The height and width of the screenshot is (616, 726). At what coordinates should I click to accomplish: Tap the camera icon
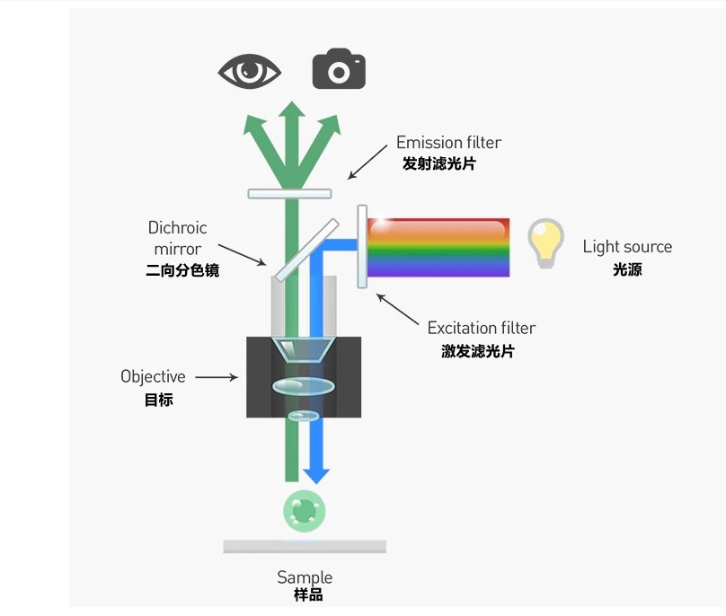tap(339, 70)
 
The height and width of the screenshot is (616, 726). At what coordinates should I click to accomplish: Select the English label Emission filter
tap(448, 143)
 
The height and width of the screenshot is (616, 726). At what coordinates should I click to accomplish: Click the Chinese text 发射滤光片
tap(438, 165)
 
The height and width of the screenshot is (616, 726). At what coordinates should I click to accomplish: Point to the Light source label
tap(626, 246)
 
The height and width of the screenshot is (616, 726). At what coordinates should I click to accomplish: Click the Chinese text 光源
tap(627, 269)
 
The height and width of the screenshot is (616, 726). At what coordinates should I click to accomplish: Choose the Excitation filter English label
tap(482, 328)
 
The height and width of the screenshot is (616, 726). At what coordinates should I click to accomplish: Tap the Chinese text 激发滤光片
tap(477, 351)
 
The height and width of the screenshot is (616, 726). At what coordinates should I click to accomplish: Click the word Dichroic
tap(177, 228)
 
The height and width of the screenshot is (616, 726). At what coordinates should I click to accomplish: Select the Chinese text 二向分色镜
tap(181, 269)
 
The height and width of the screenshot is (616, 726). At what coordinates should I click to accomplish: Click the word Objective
tap(153, 376)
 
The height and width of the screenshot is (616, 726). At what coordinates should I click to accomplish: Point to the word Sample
tap(305, 577)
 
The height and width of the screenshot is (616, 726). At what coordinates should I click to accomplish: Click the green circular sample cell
tap(305, 512)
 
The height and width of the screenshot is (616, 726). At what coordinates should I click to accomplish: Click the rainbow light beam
tap(438, 247)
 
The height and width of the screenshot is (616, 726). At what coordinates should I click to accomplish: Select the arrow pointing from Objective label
tap(217, 377)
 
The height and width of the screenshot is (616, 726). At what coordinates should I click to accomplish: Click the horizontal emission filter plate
tap(289, 193)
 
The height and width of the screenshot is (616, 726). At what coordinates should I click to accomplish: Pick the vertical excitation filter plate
tap(362, 246)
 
